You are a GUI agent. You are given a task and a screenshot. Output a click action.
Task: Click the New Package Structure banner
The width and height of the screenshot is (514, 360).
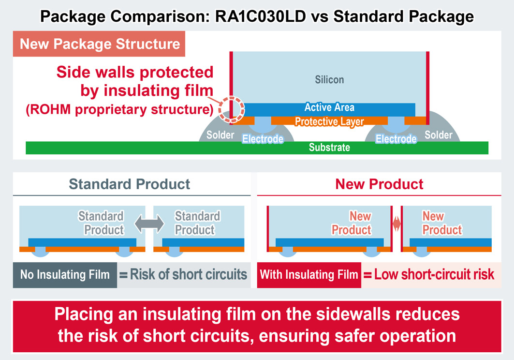[x=100, y=45]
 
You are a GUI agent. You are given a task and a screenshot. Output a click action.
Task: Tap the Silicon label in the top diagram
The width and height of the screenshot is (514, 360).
[x=329, y=79]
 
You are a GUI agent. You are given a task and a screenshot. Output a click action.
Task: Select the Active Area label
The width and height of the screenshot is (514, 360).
[x=329, y=107]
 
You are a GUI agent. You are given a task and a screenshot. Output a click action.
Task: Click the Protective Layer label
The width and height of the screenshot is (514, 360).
[x=329, y=121]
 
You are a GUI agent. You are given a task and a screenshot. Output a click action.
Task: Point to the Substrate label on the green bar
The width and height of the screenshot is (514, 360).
[x=329, y=147]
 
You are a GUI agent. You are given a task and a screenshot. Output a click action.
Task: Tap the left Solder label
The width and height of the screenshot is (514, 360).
[x=220, y=135]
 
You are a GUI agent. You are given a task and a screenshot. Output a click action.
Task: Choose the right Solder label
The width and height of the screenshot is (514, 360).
[x=438, y=135]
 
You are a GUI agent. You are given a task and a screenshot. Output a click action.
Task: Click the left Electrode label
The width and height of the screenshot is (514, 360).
[x=263, y=139]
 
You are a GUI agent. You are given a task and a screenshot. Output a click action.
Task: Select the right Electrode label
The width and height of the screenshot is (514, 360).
[x=396, y=139]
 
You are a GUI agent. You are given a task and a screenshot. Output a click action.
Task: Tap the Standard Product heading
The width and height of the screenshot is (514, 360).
[x=129, y=184]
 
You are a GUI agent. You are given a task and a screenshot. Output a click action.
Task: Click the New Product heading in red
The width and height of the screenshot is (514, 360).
[x=379, y=184]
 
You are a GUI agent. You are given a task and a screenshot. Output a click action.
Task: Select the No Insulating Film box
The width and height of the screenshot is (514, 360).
[x=65, y=275]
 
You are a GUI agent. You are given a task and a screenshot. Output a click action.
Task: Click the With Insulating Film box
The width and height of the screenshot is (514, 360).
[x=309, y=275]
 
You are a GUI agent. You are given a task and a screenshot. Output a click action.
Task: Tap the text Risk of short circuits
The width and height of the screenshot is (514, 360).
[x=189, y=275]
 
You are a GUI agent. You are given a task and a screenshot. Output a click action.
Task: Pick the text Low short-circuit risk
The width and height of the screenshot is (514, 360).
[x=434, y=275]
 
